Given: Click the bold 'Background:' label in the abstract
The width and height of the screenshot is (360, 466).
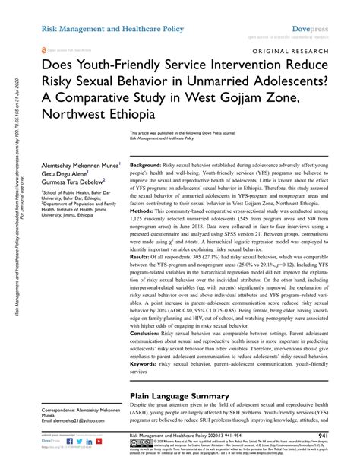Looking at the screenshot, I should point(150,166).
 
